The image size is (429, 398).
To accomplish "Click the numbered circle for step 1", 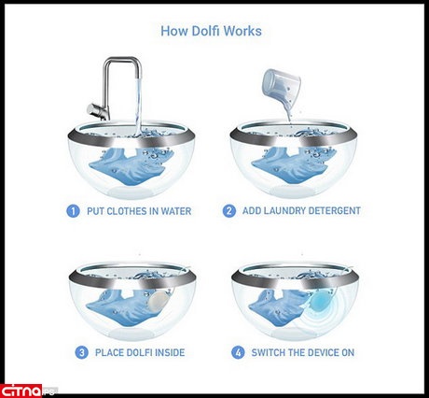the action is click(x=73, y=211).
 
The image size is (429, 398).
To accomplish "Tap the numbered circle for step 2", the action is click(x=228, y=211).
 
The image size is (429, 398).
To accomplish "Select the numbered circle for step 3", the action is click(x=81, y=352).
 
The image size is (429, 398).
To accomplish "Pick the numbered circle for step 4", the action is click(x=238, y=352).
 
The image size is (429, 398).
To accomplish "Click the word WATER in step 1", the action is click(x=176, y=211).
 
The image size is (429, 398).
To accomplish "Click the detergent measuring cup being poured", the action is click(x=282, y=87).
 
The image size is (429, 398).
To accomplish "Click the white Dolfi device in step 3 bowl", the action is click(x=159, y=301).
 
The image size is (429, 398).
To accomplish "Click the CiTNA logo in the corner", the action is click(x=21, y=391).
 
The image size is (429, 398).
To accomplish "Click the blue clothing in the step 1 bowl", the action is click(x=131, y=166).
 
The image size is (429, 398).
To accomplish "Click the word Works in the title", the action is click(x=242, y=31).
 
